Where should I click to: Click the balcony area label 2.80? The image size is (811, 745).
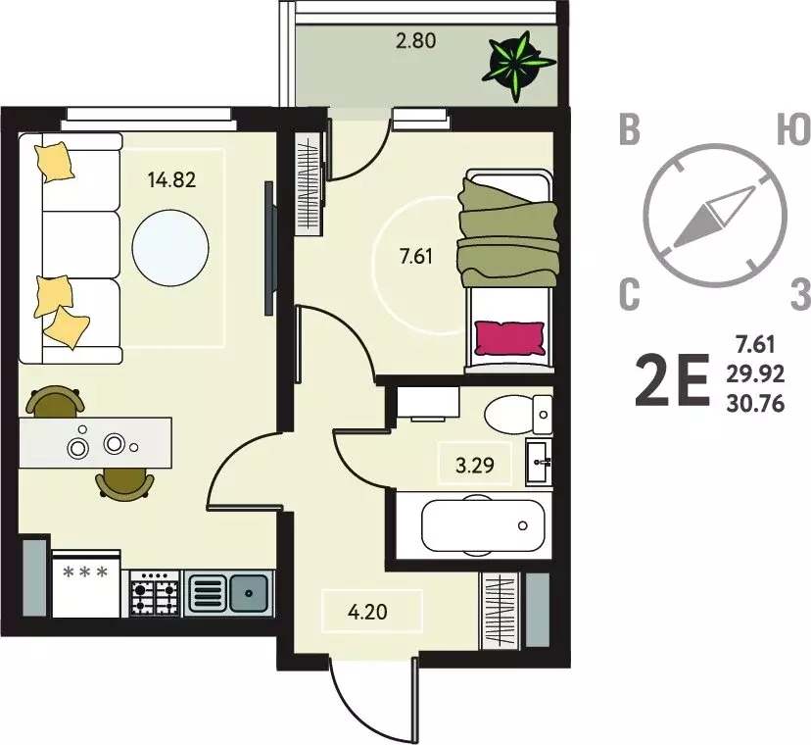(x=416, y=40)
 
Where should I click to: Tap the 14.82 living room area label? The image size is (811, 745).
(x=171, y=180)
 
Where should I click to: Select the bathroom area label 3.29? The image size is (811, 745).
(x=475, y=465)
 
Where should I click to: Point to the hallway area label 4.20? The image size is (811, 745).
(x=367, y=612)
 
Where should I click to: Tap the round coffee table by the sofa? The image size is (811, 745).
(x=170, y=247)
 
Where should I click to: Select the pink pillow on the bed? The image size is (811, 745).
(x=509, y=338)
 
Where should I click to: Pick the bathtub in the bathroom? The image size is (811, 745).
(x=483, y=526)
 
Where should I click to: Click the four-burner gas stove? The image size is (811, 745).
(x=154, y=593)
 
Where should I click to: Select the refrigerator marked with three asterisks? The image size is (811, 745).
(x=86, y=583)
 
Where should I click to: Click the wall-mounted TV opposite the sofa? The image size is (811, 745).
(x=269, y=248)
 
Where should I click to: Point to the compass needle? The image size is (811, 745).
(x=713, y=217)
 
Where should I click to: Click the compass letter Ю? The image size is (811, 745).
(x=794, y=129)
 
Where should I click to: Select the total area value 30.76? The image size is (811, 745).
(x=755, y=403)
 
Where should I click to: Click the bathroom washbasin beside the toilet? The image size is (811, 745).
(x=539, y=462)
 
